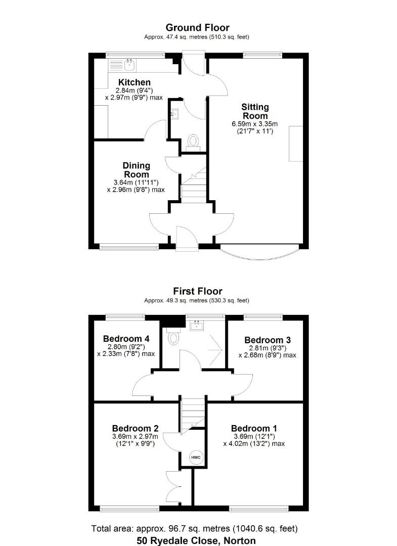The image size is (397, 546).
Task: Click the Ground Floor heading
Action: (198, 28)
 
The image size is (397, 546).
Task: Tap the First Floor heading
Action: (198, 291)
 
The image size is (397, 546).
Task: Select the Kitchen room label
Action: (135, 82)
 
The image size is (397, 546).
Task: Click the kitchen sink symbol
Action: (130, 64)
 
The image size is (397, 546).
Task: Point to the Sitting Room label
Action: (255, 111)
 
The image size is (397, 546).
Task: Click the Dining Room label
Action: (136, 170)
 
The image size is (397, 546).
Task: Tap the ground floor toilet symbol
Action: (193, 140)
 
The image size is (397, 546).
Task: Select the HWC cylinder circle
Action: (196, 458)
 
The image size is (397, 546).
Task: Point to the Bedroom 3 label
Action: (267, 340)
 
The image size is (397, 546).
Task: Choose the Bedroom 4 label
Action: (126, 339)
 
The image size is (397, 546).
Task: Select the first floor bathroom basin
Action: (196, 325)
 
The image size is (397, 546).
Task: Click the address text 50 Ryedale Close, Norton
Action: (197, 540)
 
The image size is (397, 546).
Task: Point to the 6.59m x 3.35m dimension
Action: (255, 123)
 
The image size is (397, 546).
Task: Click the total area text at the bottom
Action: (194, 529)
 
